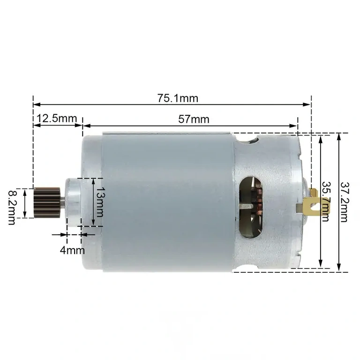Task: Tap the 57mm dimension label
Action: tap(193, 119)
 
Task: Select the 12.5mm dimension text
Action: tap(56, 119)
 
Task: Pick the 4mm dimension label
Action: tap(72, 249)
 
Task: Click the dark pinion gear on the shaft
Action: tap(47, 202)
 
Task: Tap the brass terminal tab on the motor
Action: tap(320, 202)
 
